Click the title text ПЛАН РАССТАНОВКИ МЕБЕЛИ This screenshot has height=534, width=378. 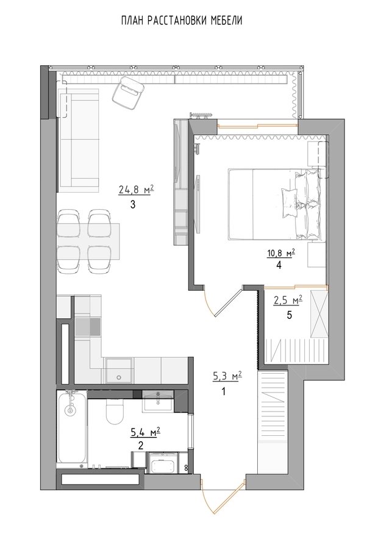click(182, 21)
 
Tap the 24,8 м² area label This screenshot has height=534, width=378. click(136, 189)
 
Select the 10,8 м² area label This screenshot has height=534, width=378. click(280, 253)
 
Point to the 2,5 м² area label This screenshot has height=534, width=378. click(288, 301)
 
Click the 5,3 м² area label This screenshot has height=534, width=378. click(227, 376)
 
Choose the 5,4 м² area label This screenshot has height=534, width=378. click(146, 433)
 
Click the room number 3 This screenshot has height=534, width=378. click(132, 205)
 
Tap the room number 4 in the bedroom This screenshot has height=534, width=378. click(279, 265)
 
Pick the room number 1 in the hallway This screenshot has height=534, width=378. click(224, 391)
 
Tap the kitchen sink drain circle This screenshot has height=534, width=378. click(119, 377)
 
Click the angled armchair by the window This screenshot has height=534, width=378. click(127, 92)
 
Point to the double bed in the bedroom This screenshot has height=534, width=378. click(275, 204)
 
